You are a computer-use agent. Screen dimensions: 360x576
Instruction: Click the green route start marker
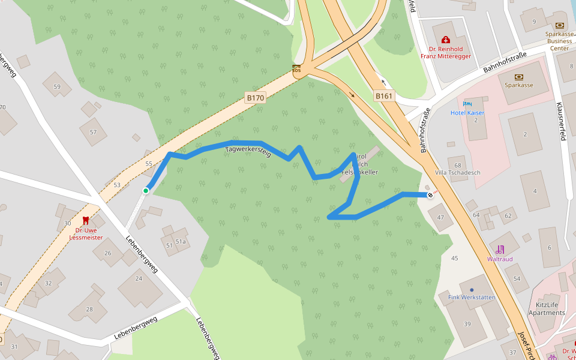[x=146, y=191]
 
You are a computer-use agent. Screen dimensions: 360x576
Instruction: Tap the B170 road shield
[x=255, y=97]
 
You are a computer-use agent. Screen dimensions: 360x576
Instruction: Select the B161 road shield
[x=384, y=96]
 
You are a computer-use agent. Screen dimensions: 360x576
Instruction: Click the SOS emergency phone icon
[x=296, y=68]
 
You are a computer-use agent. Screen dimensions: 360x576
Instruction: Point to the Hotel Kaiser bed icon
[x=467, y=104]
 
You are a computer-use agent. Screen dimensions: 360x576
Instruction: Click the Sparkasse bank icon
[x=518, y=77]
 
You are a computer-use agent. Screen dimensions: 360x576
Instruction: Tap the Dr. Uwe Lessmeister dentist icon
[x=85, y=221]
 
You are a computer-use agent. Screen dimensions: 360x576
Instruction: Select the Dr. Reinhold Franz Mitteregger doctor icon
[x=445, y=40]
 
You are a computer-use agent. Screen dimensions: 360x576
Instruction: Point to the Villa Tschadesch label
[x=458, y=173]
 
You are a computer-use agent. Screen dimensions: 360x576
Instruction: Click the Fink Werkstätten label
[x=472, y=297]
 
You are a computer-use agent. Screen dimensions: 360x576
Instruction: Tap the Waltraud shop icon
[x=500, y=249]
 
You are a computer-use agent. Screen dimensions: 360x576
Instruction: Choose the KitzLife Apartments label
[x=547, y=308]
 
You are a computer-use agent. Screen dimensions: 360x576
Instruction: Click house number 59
[x=57, y=86]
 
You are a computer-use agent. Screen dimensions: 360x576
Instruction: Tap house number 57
[x=93, y=132]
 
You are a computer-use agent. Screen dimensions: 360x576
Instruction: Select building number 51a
[x=180, y=242]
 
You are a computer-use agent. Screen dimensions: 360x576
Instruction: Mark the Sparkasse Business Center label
[x=559, y=41]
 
